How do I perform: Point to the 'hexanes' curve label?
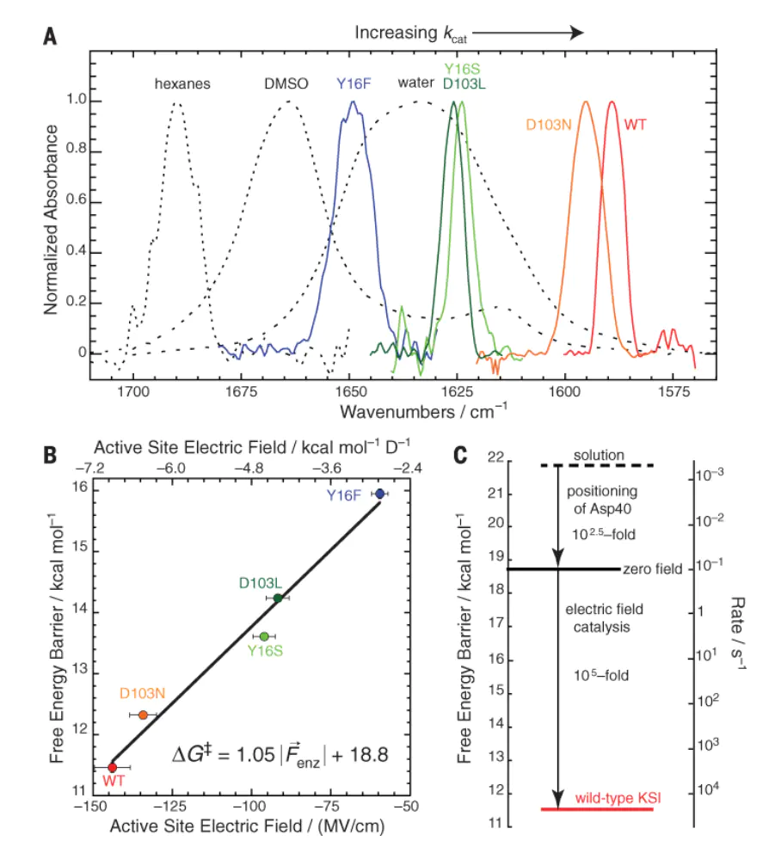182,84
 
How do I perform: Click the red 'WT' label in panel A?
635,125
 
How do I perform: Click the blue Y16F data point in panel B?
380,494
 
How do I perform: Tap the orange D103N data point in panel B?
144,715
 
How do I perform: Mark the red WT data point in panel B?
112,767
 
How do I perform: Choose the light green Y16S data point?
264,636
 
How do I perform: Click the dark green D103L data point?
278,598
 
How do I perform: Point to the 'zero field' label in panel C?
654,569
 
